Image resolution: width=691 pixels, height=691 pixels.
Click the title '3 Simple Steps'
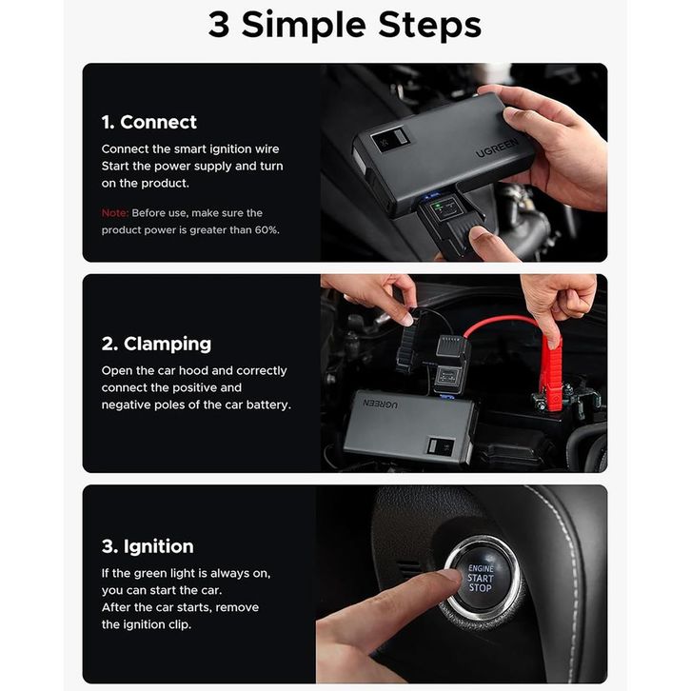345,25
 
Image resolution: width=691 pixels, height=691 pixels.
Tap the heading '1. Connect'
148,122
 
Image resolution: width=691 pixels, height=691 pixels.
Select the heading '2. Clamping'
156,345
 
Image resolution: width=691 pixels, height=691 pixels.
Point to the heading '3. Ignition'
148,546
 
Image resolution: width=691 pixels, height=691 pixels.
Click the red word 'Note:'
115,213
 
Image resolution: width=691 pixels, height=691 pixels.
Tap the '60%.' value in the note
267,230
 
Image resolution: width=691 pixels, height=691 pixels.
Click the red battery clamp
551,374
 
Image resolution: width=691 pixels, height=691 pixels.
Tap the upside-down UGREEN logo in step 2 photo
380,404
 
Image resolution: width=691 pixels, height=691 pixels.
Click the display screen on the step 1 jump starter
390,141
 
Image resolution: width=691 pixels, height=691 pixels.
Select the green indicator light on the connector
437,206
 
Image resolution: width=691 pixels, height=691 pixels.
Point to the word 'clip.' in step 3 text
180,625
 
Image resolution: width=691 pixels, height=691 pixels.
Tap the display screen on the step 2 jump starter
441,446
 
